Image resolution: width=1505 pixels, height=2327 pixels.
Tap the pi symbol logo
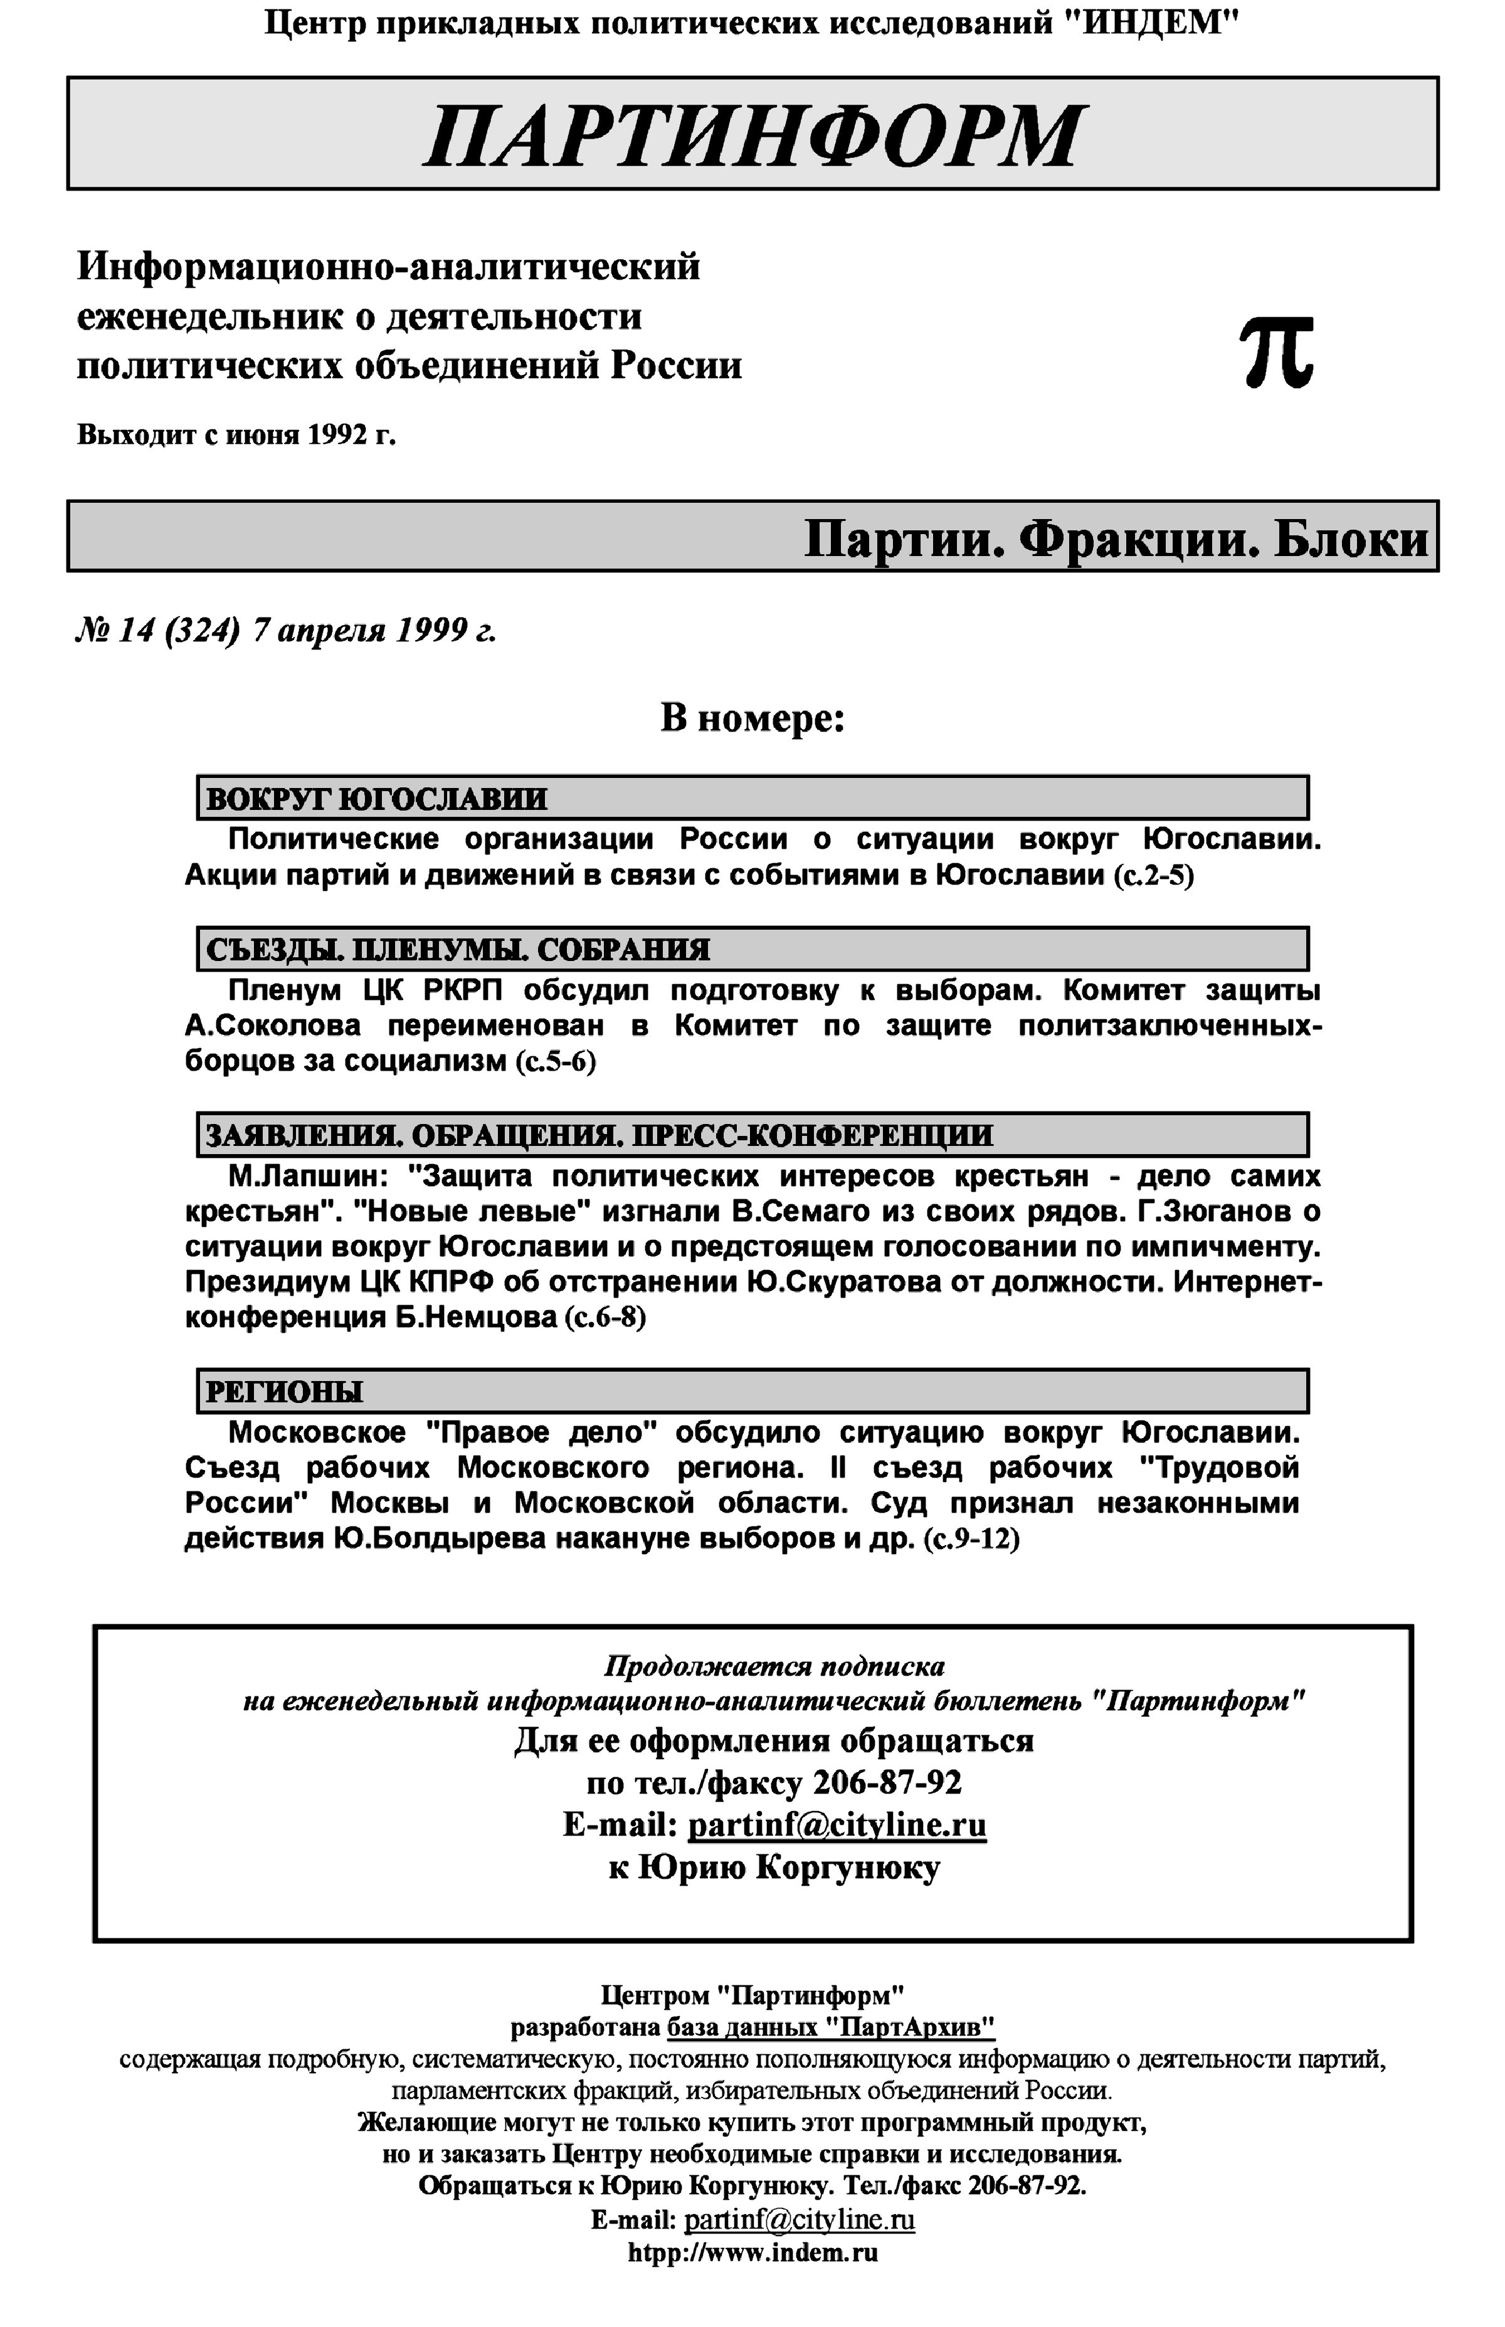point(1276,353)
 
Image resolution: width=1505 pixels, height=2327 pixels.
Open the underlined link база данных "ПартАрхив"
point(831,2027)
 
